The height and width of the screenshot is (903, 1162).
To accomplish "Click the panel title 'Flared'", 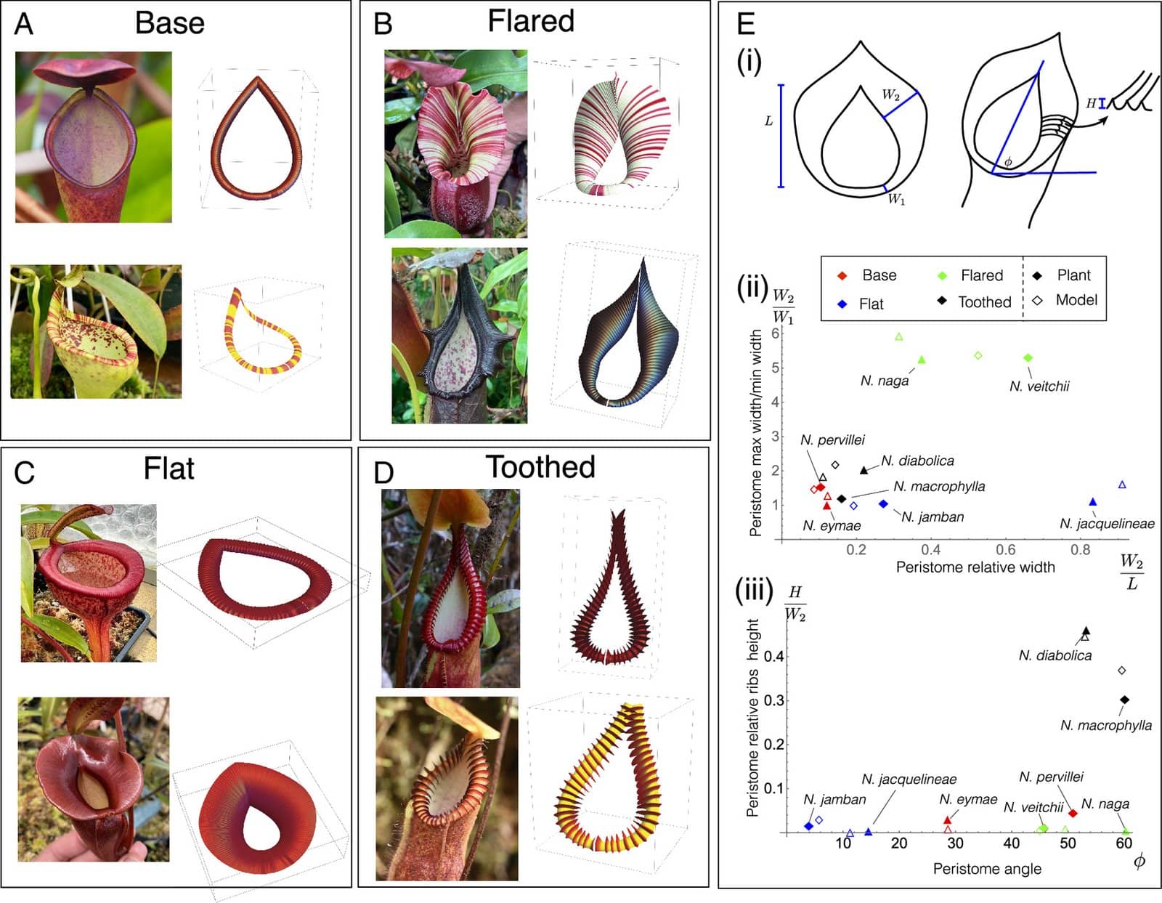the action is coord(530,21).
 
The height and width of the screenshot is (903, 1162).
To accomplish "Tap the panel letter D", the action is coord(383,473).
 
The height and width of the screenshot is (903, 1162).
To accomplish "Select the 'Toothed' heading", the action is coord(540,466).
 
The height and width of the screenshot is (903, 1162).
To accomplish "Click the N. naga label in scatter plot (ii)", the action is coord(885,381).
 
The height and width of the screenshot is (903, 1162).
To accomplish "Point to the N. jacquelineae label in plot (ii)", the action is coord(1107,523).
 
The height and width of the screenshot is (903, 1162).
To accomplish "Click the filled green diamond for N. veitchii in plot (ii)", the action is coord(1028,357).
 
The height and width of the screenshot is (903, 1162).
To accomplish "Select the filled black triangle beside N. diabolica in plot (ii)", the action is coord(864,470).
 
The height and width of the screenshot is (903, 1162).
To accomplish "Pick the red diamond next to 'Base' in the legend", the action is coord(842,276).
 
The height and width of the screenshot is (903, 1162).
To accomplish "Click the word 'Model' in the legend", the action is coord(1076,300).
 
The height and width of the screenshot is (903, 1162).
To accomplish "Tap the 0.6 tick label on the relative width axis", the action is coord(1005,550).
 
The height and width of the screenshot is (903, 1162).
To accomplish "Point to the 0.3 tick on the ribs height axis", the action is coord(773,700).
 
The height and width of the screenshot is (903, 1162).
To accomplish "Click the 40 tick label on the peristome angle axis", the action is coord(1011,843).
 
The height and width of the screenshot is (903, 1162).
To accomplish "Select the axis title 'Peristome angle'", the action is coord(987,869).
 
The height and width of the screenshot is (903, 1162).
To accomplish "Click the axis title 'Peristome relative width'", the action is coord(975,567).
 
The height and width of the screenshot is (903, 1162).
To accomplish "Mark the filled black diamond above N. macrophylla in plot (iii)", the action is coord(1124,700).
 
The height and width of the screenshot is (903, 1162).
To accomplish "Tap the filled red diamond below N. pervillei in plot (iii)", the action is coord(1072,813).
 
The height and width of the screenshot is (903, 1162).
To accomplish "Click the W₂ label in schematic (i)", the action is coord(890,94).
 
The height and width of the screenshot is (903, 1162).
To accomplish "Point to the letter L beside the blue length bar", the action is coord(769,121).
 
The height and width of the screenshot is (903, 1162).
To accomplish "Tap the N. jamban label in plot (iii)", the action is coord(834,799).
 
